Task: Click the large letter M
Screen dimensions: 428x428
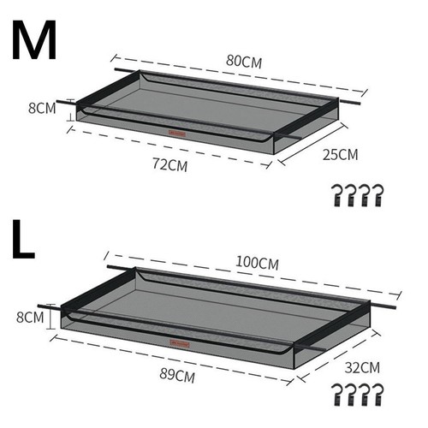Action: [34, 40]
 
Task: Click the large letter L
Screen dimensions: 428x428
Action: [23, 239]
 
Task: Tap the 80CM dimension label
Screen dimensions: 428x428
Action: [244, 62]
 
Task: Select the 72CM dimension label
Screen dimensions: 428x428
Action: [170, 164]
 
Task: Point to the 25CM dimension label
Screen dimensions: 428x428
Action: [340, 154]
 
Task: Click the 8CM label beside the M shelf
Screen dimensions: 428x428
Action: [42, 108]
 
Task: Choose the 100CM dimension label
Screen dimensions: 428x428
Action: [257, 263]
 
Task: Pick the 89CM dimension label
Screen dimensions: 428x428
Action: [177, 375]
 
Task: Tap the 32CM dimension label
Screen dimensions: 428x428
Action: [362, 367]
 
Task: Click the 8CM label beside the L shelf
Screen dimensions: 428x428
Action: [30, 317]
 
